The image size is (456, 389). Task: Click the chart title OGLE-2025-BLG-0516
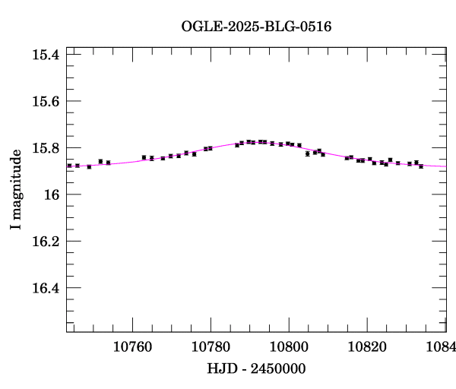click(x=256, y=26)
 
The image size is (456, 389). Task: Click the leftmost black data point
click(x=69, y=165)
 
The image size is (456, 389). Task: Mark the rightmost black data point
click(x=421, y=166)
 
